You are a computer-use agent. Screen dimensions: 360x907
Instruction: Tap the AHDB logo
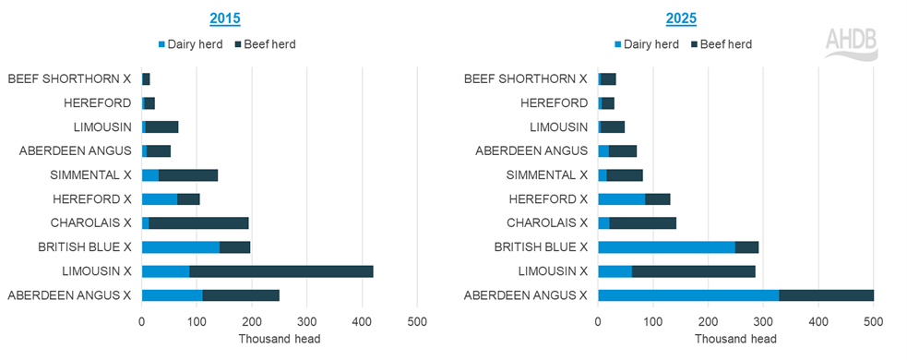click(x=850, y=42)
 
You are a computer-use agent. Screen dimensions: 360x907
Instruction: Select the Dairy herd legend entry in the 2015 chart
click(x=192, y=43)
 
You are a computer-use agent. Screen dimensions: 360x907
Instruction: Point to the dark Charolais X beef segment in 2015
click(x=198, y=222)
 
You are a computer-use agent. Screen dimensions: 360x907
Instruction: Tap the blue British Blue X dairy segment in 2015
click(x=181, y=246)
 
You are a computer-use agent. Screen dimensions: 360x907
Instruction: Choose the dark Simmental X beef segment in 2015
click(x=187, y=174)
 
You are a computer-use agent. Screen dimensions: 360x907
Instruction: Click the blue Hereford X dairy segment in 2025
click(x=621, y=198)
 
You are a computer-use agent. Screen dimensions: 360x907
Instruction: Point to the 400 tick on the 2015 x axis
click(x=362, y=322)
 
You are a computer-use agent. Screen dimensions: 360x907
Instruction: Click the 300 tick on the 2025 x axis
click(x=763, y=322)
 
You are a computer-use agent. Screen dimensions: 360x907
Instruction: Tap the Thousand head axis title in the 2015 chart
click(x=279, y=339)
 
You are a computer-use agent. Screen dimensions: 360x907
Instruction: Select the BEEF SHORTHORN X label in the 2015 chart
click(x=69, y=79)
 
